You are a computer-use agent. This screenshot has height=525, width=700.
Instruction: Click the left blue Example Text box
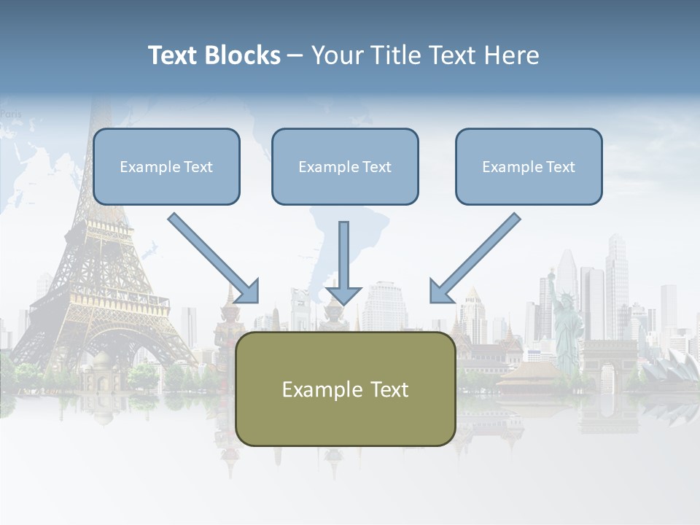pyautogui.click(x=166, y=167)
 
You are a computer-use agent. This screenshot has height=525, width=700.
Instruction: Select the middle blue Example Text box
pyautogui.click(x=345, y=167)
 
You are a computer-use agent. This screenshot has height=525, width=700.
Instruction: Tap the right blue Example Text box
pyautogui.click(x=529, y=167)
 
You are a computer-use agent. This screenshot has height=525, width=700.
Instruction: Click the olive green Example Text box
pyautogui.click(x=345, y=389)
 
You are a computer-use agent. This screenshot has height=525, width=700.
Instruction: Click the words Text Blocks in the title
pyautogui.click(x=214, y=55)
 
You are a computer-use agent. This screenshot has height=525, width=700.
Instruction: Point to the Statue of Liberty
pyautogui.click(x=565, y=314)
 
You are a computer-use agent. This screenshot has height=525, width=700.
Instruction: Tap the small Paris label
pyautogui.click(x=11, y=114)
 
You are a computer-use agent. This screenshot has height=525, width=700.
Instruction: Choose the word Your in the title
pyautogui.click(x=338, y=55)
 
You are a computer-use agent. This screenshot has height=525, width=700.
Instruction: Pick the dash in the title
pyautogui.click(x=295, y=55)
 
